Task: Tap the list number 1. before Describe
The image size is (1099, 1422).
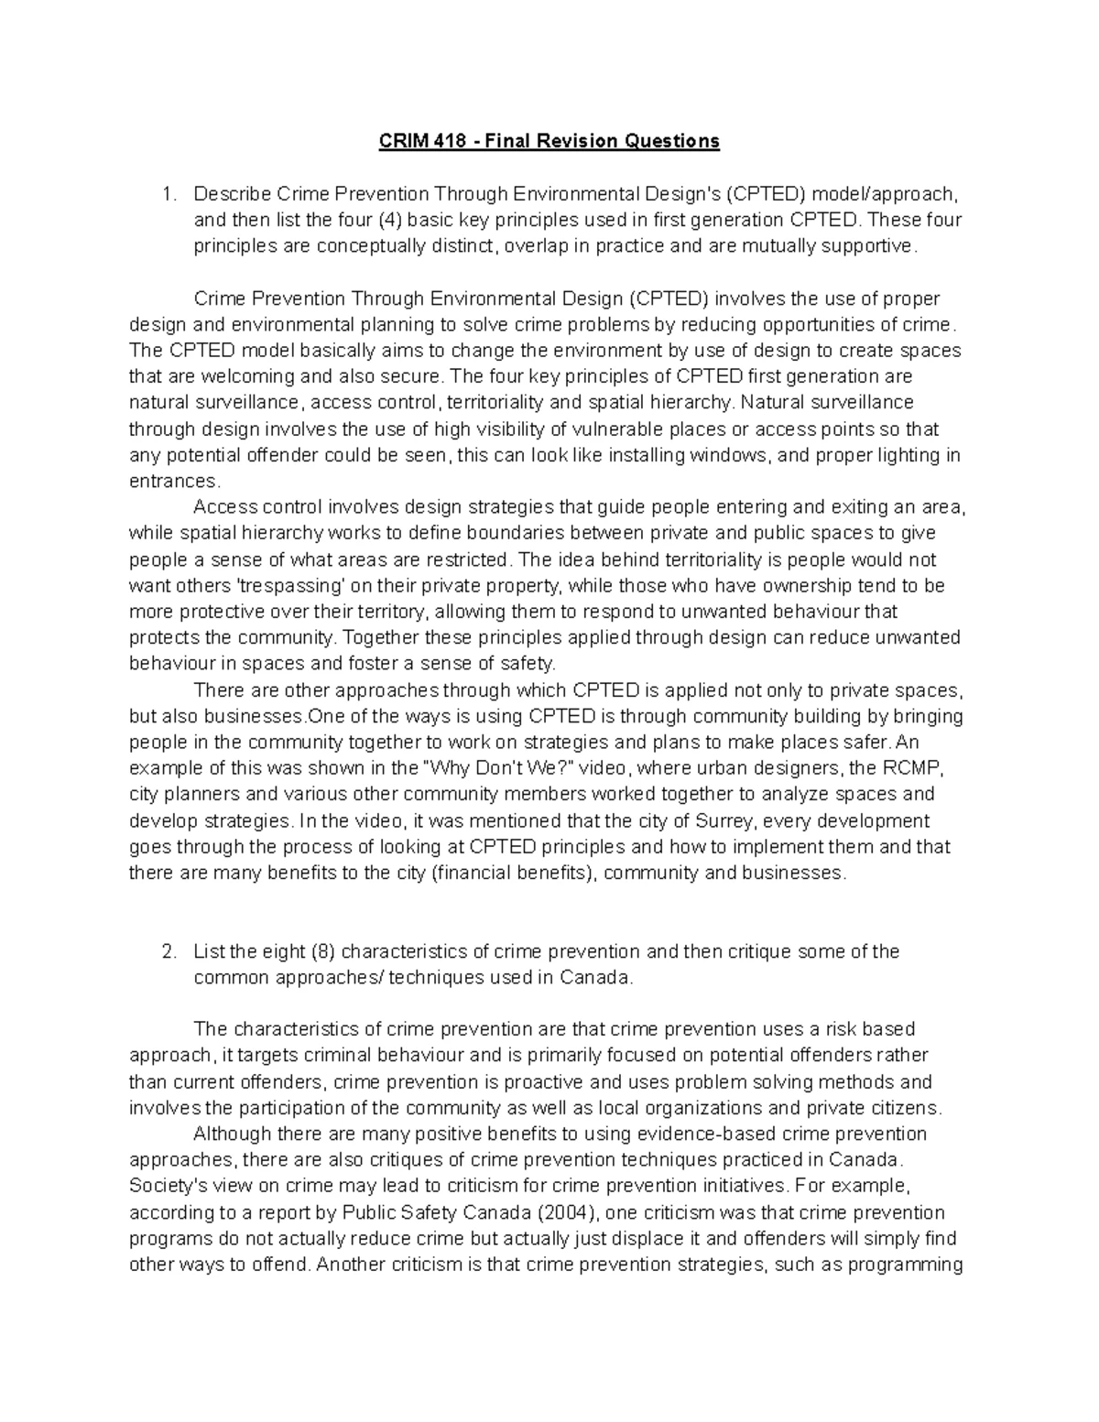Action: coord(167,194)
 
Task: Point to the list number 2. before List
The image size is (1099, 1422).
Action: coord(167,951)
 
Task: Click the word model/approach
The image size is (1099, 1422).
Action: coord(886,194)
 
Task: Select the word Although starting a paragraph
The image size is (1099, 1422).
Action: coord(233,1134)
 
